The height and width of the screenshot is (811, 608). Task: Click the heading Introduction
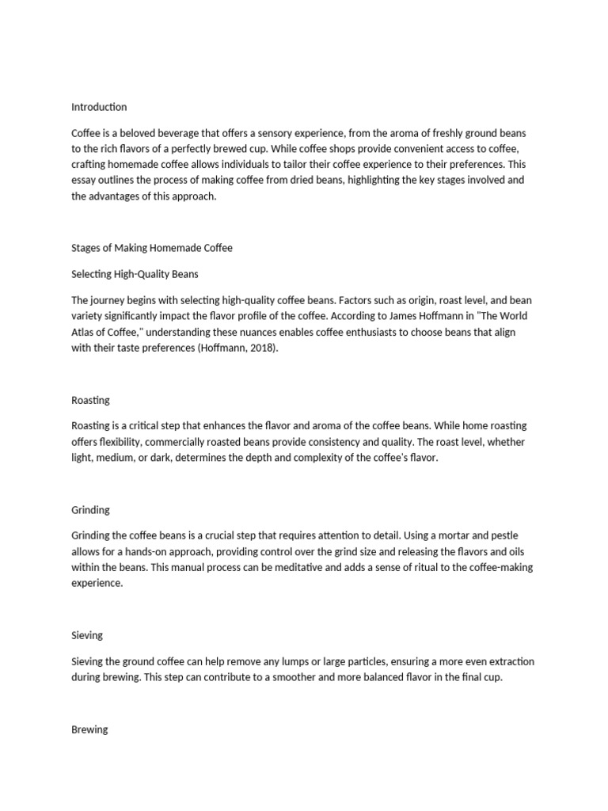click(x=98, y=107)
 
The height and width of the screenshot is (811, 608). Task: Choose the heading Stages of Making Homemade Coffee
click(x=152, y=248)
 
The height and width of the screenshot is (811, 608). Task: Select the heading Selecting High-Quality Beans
click(x=135, y=274)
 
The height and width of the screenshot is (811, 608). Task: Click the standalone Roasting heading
click(x=90, y=400)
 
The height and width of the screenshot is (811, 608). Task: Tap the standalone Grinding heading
click(x=90, y=510)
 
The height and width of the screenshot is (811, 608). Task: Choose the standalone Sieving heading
click(x=87, y=635)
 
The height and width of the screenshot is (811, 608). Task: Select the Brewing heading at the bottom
click(x=89, y=729)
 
